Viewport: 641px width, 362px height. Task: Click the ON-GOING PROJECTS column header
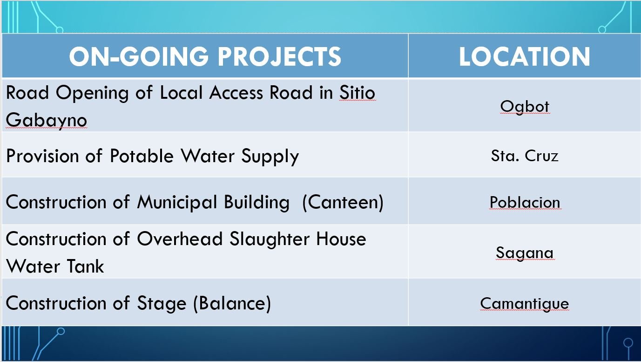coord(205,56)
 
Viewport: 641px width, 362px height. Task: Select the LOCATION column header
coord(524,56)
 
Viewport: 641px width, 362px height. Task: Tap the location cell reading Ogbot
coord(525,107)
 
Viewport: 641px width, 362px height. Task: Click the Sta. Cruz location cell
coord(525,156)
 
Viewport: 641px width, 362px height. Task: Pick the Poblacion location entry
coord(525,202)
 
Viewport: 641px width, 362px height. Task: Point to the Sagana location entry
coord(525,253)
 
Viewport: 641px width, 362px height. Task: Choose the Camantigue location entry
coord(525,303)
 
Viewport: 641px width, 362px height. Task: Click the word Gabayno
coord(47,120)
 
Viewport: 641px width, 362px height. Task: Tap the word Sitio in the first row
coord(357,93)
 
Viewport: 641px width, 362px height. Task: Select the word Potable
coord(142,156)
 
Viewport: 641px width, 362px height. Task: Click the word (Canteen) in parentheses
coord(343,203)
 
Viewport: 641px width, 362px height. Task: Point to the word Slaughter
coord(269,239)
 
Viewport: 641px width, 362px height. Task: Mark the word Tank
coord(85,266)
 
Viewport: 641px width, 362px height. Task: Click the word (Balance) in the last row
coord(232,303)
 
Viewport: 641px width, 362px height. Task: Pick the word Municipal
coord(177,203)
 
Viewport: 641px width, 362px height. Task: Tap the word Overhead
coord(180,239)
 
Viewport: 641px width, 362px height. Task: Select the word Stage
coord(162,304)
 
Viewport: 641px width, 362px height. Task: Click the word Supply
coord(270,157)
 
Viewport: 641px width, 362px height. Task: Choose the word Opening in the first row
coord(92,93)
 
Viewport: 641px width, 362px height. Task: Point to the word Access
coord(236,93)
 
